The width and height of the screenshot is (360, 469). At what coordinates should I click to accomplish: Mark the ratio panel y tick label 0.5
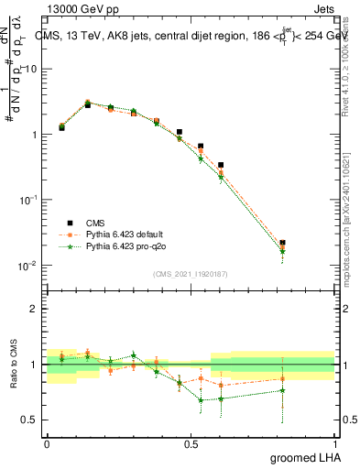pyautogui.click(x=30, y=420)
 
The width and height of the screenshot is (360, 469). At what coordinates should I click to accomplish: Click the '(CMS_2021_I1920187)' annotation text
pyautogui.click(x=190, y=274)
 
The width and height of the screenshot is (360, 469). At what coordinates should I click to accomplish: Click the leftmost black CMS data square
pyautogui.click(x=61, y=128)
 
